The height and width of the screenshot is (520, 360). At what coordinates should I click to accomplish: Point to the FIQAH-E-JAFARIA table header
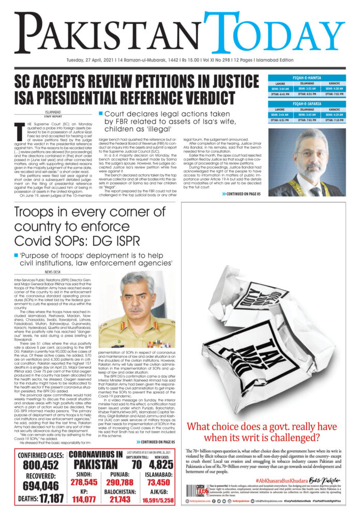coord(306,103)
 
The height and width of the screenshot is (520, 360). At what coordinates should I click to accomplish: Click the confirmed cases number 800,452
coord(41,465)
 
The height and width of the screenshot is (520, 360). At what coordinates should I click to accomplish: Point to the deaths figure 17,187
coord(51,500)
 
